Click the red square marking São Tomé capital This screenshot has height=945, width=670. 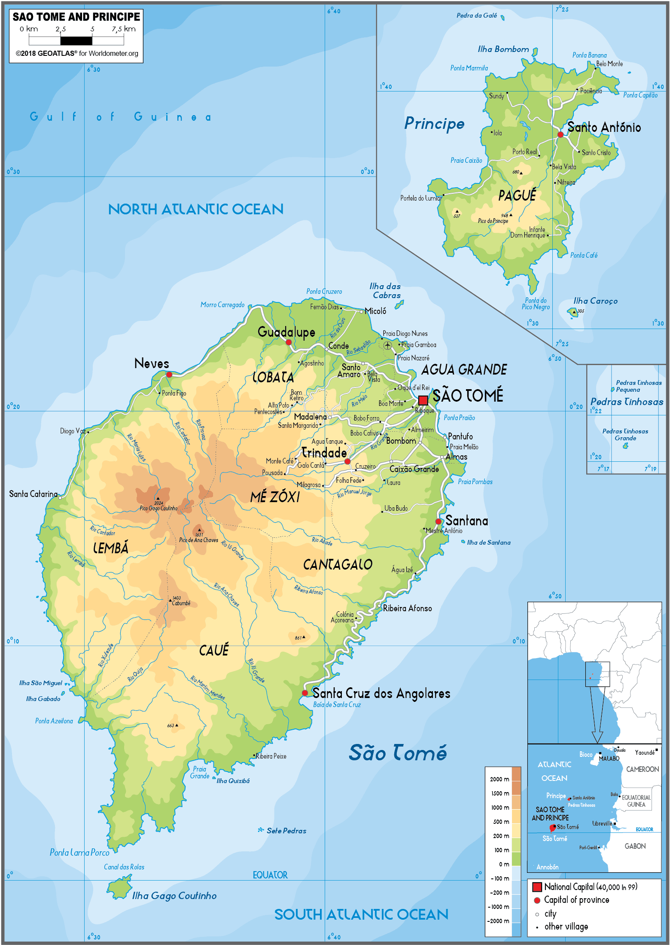[x=423, y=400]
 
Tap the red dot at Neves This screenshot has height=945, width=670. [x=169, y=375]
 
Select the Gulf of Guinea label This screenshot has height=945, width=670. [x=120, y=117]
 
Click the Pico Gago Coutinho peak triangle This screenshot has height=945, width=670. [x=158, y=499]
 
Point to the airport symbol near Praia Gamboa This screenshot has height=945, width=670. [x=387, y=345]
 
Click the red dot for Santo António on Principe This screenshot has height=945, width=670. [x=560, y=134]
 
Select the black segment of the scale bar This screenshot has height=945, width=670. [x=76, y=41]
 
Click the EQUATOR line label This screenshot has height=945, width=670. [x=270, y=875]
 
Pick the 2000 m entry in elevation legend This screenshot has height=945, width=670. [x=499, y=779]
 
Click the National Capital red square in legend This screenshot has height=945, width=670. [x=537, y=887]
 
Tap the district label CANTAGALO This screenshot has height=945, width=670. [x=338, y=564]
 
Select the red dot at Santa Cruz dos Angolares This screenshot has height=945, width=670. [x=305, y=693]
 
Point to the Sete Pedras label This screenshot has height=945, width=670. [x=286, y=831]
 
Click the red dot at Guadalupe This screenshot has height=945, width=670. [x=289, y=342]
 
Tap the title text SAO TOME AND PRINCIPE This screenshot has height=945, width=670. [x=76, y=17]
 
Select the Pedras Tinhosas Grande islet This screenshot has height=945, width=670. [x=626, y=446]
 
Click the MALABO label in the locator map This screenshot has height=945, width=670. [x=609, y=759]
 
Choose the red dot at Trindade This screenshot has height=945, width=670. [x=347, y=461]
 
